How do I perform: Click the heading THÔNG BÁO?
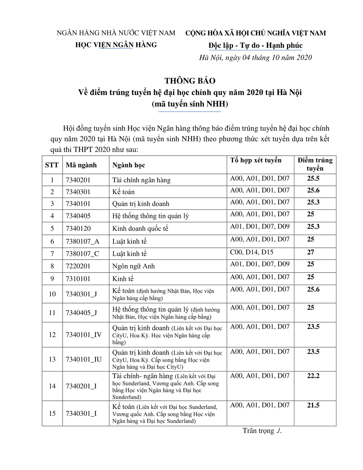190,81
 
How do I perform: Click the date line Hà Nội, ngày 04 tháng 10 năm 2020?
255,57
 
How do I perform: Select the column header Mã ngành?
81,165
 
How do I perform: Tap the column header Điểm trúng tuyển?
315,164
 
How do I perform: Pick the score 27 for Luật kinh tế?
311,252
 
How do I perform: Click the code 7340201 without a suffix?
78,180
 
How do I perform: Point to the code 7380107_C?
83,254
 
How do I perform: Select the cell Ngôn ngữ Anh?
133,266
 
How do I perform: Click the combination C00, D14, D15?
251,252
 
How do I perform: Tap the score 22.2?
313,376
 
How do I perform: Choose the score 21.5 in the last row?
313,405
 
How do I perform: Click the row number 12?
52,335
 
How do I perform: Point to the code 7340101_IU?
84,359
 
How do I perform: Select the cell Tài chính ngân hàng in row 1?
141,180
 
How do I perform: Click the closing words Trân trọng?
262,431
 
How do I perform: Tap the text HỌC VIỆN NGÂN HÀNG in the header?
116,45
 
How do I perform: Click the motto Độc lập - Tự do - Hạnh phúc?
255,45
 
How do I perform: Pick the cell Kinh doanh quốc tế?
140,229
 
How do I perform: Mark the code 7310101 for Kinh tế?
78,279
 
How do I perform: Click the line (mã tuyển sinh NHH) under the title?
190,104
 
